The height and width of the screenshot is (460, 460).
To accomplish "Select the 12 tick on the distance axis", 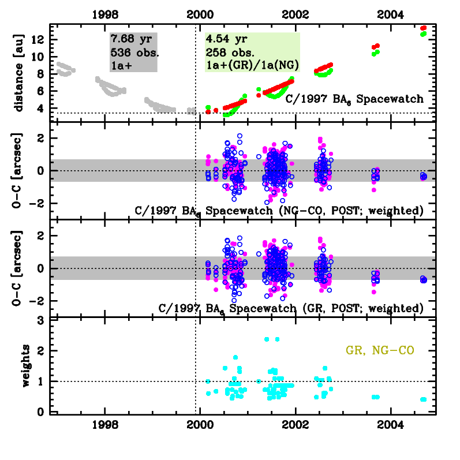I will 42,39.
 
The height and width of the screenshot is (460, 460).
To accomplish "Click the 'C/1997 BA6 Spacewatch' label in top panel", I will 354,99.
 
